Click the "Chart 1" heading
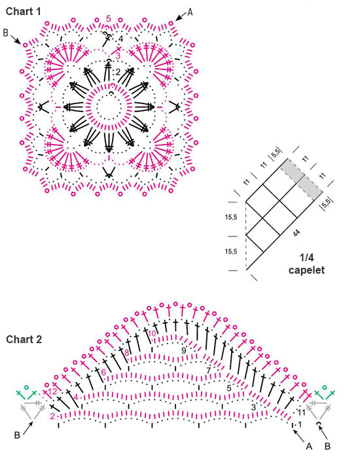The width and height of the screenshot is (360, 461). [23, 12]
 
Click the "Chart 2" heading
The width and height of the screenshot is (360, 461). [24, 340]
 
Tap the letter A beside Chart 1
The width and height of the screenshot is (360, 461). [190, 12]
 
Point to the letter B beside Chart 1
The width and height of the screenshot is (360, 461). [6, 32]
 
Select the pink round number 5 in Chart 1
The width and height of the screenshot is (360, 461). [109, 19]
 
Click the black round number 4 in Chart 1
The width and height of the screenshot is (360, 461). [120, 39]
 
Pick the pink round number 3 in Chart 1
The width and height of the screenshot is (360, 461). [118, 56]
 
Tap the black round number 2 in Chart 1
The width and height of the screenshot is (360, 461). [118, 72]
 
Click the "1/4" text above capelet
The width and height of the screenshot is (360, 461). [306, 258]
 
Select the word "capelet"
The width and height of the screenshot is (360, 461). [306, 270]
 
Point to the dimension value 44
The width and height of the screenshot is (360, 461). [297, 233]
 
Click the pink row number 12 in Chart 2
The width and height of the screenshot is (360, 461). [52, 392]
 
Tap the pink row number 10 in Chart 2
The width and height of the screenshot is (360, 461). [152, 334]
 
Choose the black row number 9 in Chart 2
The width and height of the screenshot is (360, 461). [184, 350]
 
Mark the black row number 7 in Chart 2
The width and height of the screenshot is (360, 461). [209, 370]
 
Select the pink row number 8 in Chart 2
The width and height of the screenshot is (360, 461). [127, 352]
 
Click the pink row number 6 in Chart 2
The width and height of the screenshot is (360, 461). [103, 372]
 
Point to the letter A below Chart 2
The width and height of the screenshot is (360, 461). [309, 447]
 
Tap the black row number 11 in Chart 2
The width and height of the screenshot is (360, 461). [302, 412]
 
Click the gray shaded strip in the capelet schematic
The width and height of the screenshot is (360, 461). [302, 179]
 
